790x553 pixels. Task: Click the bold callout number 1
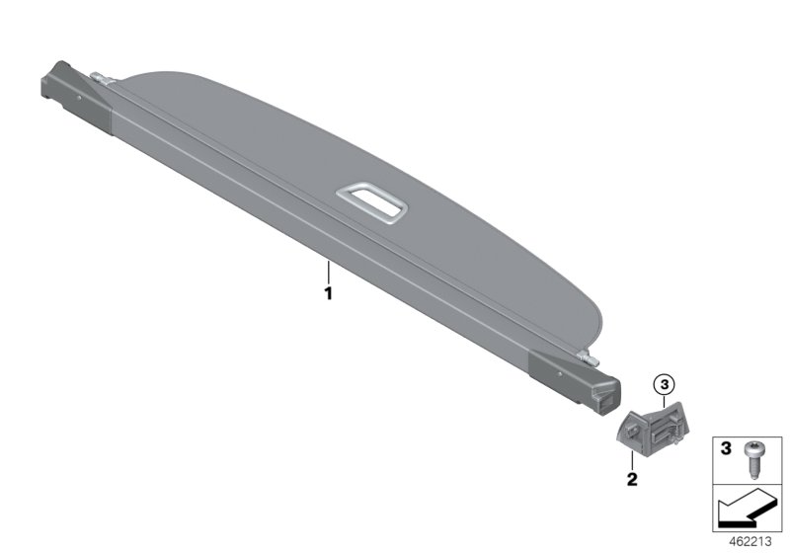[328, 293]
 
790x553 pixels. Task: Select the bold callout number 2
[632, 479]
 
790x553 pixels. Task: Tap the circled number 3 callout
[664, 385]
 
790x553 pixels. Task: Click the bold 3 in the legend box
[726, 448]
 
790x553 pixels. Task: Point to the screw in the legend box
[753, 460]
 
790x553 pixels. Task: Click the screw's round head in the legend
[753, 447]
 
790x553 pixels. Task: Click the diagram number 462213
[750, 542]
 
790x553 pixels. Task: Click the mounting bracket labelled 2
[653, 427]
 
